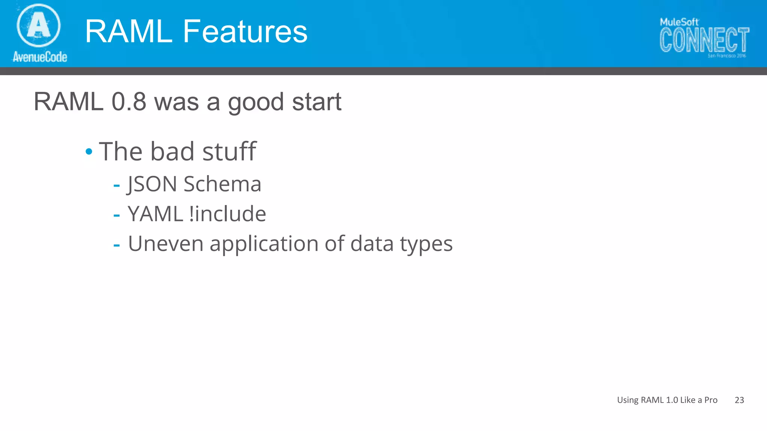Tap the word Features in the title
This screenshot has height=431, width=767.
[245, 31]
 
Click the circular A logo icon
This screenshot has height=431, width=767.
[39, 25]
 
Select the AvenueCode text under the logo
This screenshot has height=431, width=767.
[40, 57]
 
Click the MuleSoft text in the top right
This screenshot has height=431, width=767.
[679, 22]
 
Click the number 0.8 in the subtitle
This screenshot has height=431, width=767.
[129, 102]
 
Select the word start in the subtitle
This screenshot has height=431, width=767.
[316, 102]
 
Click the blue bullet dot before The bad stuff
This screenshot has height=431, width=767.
[89, 152]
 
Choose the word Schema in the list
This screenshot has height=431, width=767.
[222, 184]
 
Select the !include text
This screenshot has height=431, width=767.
[228, 214]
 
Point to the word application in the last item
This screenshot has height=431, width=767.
[264, 244]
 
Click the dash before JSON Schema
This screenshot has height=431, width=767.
[116, 185]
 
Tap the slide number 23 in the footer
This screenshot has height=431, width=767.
[739, 400]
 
